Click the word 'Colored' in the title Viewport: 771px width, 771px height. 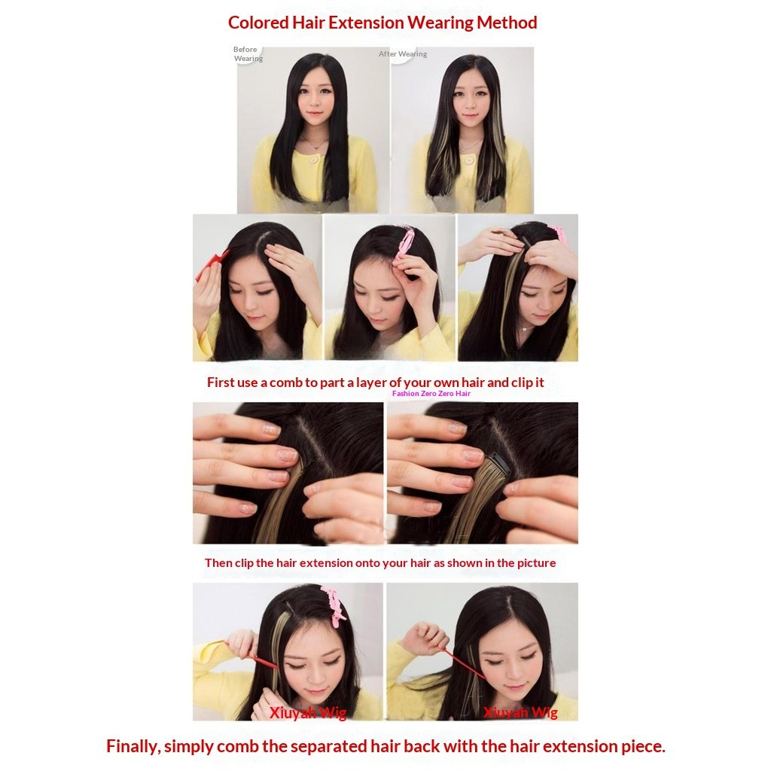[258, 23]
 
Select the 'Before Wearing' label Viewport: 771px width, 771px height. [248, 53]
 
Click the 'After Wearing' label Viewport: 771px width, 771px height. [403, 54]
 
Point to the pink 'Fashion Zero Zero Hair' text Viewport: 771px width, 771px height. [431, 393]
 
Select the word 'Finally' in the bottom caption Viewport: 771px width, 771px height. [133, 746]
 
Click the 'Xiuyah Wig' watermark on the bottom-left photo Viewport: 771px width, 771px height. [308, 712]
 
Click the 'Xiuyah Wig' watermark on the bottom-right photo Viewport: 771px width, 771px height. [520, 712]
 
